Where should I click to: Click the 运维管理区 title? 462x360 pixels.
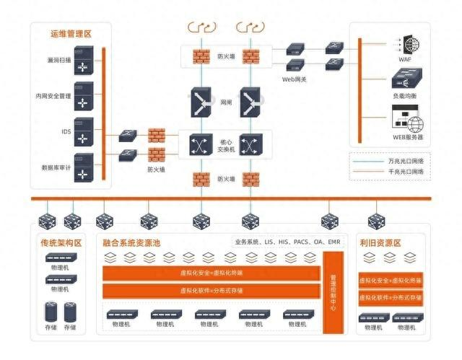(x=71, y=33)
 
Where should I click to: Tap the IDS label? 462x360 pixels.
(x=65, y=132)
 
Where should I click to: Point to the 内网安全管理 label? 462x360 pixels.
(x=53, y=96)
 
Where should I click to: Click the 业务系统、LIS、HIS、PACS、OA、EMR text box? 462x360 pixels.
(x=287, y=242)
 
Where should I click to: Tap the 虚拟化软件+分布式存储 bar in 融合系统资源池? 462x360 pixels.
(x=211, y=291)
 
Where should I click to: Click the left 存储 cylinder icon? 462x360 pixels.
(x=51, y=311)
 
